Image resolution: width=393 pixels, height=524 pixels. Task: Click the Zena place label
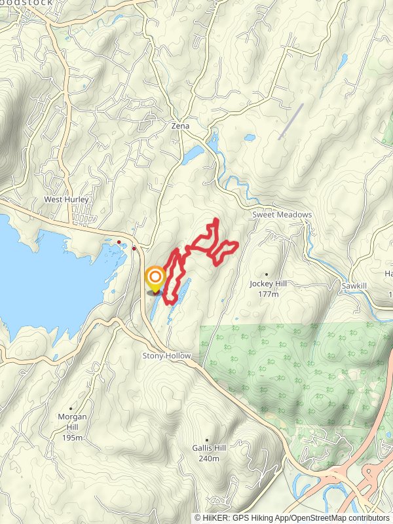point(180,125)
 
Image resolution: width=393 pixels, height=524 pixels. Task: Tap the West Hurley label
point(66,199)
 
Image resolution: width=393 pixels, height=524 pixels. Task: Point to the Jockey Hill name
point(269,284)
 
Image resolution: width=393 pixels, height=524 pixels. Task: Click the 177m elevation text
point(269,295)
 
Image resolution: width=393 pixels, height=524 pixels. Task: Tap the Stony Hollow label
point(167,356)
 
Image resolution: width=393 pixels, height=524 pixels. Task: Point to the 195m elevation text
point(72,438)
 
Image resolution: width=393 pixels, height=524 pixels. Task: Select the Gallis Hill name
point(209,448)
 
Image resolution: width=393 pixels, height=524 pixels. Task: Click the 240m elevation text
point(209,458)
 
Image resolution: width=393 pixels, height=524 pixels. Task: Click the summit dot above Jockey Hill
point(267,274)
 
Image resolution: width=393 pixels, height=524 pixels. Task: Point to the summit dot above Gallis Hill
point(207,440)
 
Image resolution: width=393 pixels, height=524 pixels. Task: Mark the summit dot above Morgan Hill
point(70,408)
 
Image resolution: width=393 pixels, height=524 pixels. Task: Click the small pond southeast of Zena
point(194,155)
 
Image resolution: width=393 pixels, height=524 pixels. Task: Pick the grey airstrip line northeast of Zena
point(291,121)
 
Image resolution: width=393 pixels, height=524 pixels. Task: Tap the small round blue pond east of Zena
point(250,138)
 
